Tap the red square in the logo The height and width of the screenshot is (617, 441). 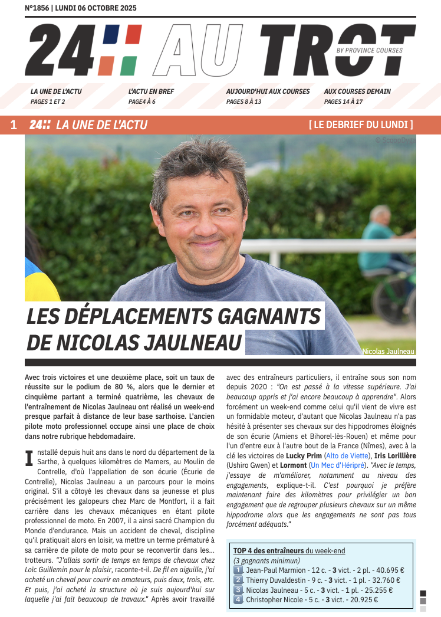(x=133, y=34)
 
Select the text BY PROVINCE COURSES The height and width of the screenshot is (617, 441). (x=370, y=51)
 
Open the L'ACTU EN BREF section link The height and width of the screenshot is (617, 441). (x=151, y=91)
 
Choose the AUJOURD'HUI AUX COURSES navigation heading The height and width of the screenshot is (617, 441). (x=268, y=91)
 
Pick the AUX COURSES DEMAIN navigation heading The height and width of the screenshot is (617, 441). (x=357, y=91)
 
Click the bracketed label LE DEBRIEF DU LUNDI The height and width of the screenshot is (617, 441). (x=361, y=125)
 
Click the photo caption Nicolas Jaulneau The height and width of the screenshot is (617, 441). (x=389, y=351)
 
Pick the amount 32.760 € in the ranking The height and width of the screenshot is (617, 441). (x=383, y=580)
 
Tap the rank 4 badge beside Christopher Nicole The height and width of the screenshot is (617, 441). (x=238, y=600)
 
